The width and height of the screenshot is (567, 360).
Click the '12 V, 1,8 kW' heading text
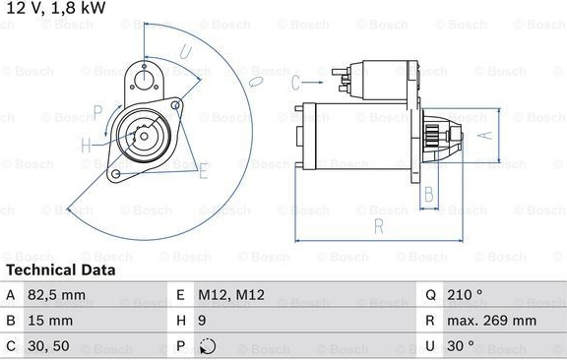coord(56,8)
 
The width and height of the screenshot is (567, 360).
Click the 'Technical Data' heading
coord(61,270)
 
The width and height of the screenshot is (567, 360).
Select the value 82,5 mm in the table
coord(57,295)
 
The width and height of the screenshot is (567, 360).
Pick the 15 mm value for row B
coord(50,321)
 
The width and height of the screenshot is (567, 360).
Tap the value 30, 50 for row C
coord(48,346)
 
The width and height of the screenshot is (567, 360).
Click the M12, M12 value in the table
coord(231,295)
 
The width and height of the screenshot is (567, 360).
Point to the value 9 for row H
coord(202,321)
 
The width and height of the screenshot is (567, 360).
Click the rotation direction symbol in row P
coord(208,346)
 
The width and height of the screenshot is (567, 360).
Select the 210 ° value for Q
coord(465,295)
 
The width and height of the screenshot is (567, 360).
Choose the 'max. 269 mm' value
coord(492,321)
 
